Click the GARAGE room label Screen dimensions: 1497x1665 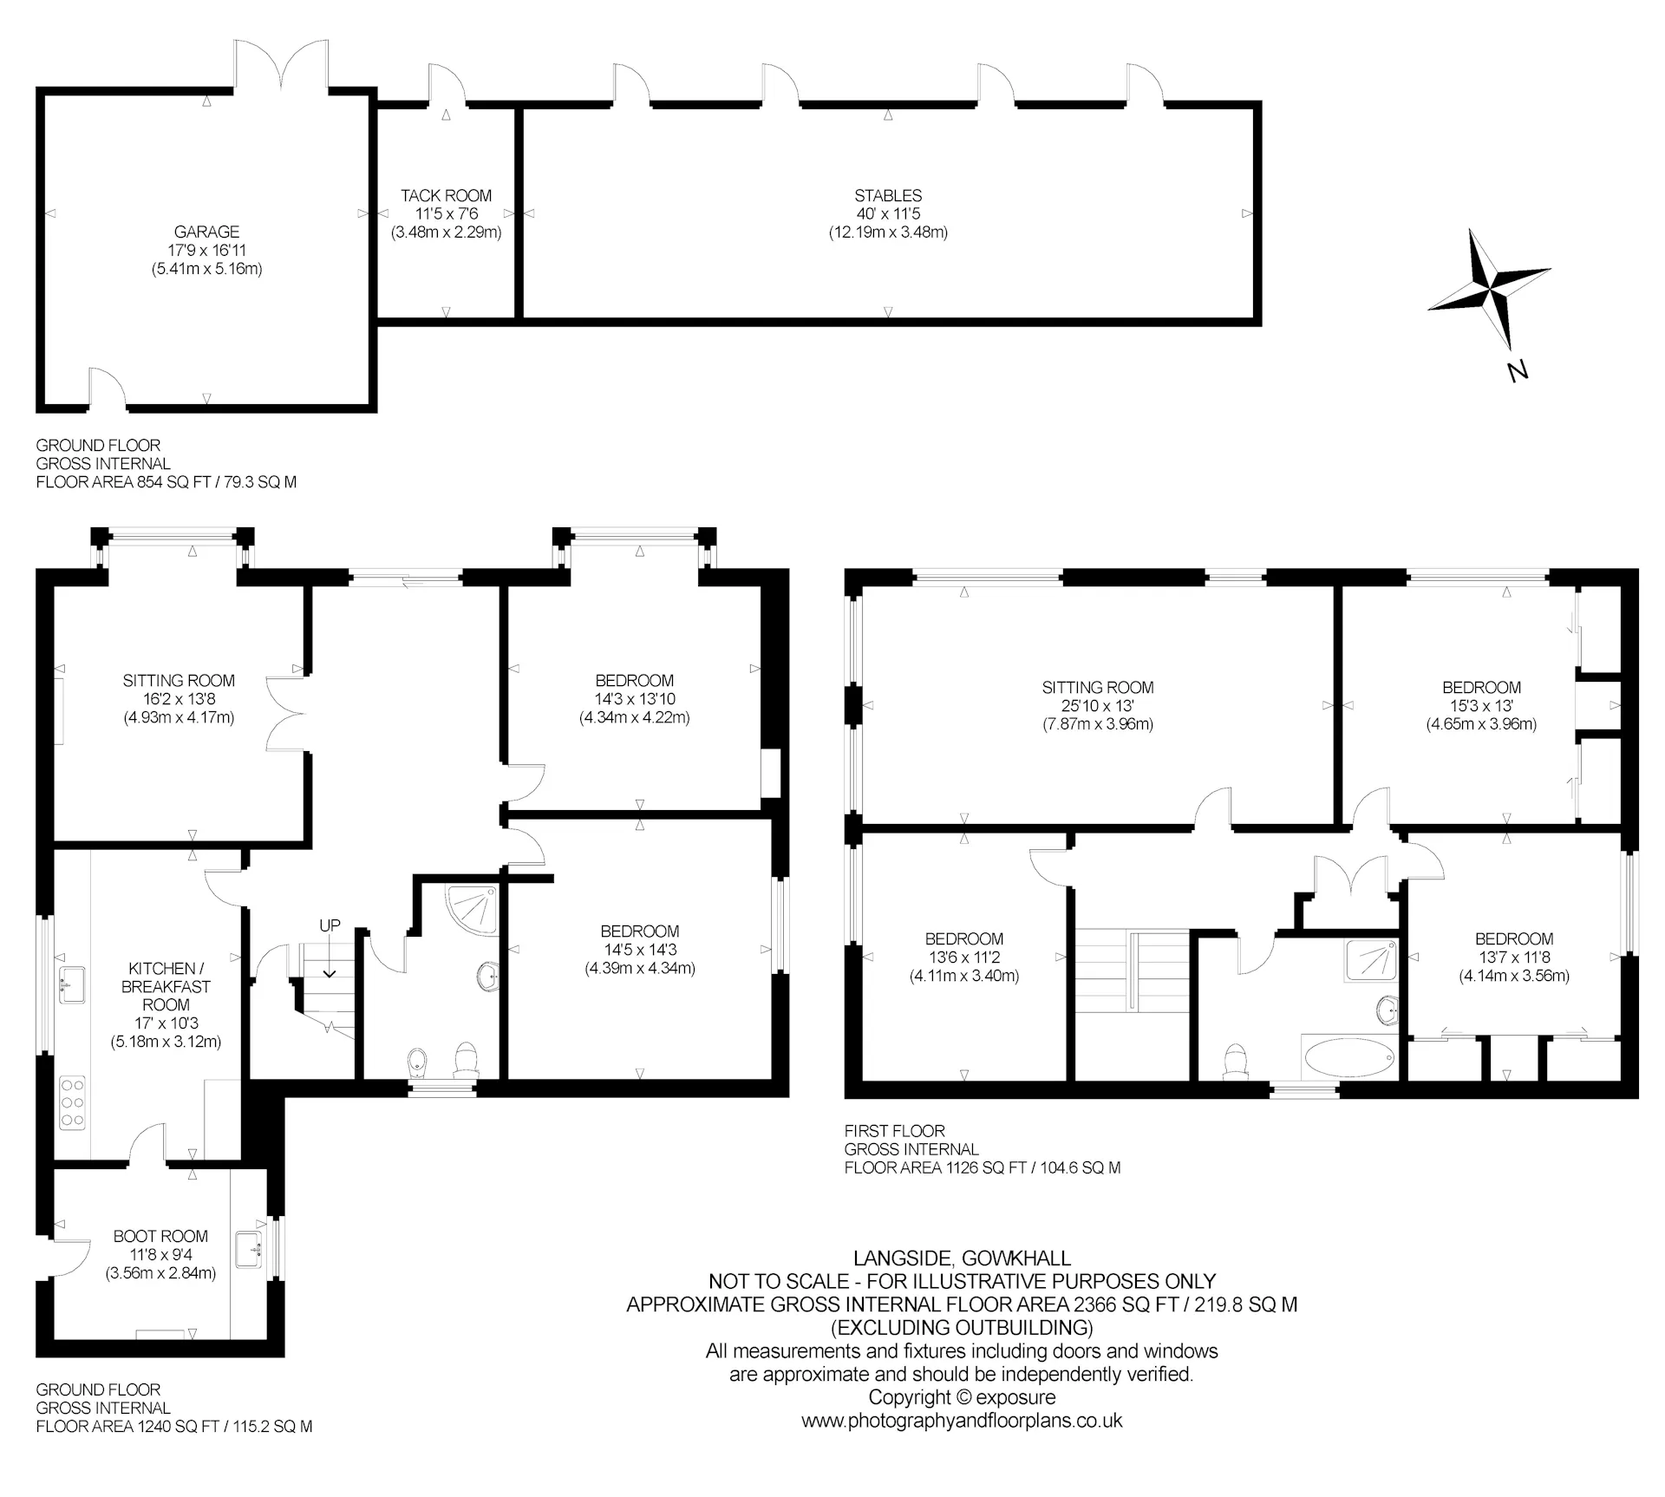206,232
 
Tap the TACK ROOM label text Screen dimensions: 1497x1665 446,196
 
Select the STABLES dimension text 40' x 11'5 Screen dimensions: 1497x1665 888,214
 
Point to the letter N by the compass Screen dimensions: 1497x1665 1517,372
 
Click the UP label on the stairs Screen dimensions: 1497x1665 330,925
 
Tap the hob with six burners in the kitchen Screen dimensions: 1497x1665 72,1102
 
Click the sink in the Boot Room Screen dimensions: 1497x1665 251,1250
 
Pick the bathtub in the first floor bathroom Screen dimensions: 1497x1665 1349,1059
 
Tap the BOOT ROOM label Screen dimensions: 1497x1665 160,1236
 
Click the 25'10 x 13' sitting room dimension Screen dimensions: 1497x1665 1097,706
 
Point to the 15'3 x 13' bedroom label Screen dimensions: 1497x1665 1481,706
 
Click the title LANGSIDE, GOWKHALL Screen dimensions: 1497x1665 962,1258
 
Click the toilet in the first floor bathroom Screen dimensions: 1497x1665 1235,1063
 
